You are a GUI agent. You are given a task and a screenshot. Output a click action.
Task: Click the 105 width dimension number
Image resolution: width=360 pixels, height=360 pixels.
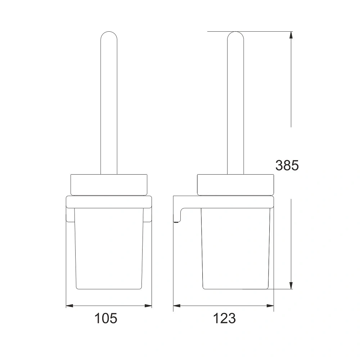pyautogui.click(x=106, y=318)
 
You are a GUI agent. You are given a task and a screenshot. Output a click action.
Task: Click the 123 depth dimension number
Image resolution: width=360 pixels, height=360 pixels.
pyautogui.click(x=224, y=318)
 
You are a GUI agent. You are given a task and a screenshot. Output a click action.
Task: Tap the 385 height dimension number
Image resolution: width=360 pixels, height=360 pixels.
pyautogui.click(x=287, y=165)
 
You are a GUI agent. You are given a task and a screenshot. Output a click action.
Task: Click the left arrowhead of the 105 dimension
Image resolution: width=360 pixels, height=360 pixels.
pyautogui.click(x=69, y=306)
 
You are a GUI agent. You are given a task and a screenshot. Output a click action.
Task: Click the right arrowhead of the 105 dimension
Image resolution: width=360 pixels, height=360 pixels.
pyautogui.click(x=148, y=306)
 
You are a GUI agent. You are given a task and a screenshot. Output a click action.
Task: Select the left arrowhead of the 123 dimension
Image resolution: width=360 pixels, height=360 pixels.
pyautogui.click(x=177, y=306)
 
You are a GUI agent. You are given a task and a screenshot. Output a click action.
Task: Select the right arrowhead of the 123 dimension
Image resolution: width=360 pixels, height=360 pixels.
pyautogui.click(x=270, y=306)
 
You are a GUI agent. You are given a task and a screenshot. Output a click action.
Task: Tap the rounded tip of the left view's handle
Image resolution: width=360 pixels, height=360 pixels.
pyautogui.click(x=109, y=32)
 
